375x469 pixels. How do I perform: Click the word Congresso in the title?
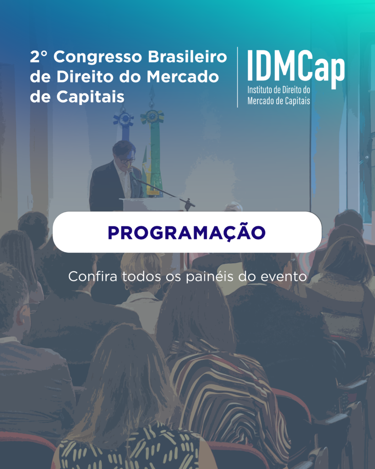click(x=98, y=57)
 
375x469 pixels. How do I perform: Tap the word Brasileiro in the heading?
click(x=188, y=56)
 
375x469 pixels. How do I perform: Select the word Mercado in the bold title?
click(x=183, y=76)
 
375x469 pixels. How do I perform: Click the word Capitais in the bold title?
click(x=90, y=97)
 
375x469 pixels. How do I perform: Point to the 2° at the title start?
click(x=39, y=56)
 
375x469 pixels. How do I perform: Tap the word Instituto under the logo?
click(x=260, y=90)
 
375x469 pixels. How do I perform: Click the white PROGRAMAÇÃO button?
click(x=187, y=232)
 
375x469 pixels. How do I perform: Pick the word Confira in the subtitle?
click(x=92, y=276)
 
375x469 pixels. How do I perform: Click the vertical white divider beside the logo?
click(x=238, y=77)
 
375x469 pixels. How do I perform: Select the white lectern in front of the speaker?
click(x=150, y=204)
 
